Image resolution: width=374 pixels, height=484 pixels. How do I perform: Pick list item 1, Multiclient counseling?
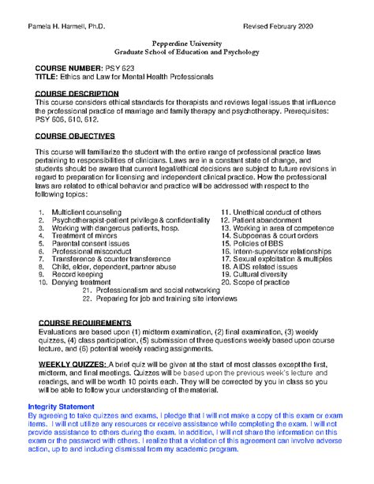click(87, 213)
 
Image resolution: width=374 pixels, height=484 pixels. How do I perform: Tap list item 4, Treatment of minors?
click(85, 235)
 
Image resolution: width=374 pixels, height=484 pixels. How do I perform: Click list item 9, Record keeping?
click(79, 273)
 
